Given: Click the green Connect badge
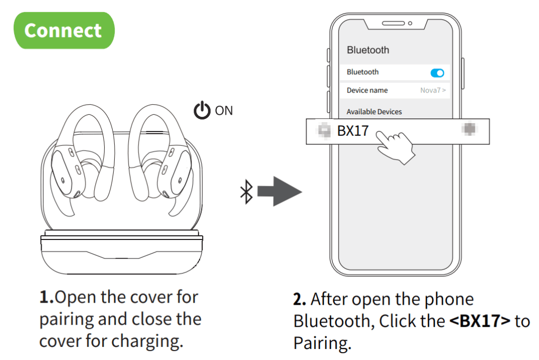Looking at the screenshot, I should coord(63,31).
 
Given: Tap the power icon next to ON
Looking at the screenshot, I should coord(202,111).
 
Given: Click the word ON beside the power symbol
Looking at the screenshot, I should coord(224,111).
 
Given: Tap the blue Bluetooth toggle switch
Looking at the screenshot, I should coord(437,73).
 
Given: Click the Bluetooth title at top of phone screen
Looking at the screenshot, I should coord(368,50).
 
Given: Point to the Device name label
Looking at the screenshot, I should coord(367,91).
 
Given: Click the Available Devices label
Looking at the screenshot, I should coord(374,112).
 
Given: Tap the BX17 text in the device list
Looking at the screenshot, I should coord(353,131).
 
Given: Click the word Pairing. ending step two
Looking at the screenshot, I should coord(322,343).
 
